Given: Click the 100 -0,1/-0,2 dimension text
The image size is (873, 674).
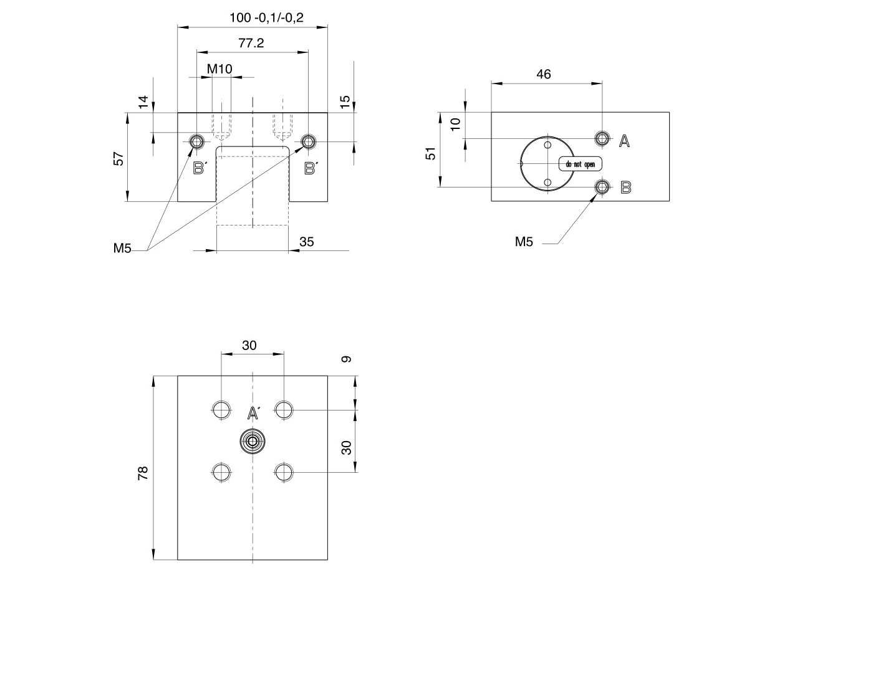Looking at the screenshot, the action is pos(266,17).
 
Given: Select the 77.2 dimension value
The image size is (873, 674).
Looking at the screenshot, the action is pos(251,43).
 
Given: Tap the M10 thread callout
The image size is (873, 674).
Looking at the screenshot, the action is pos(219,69).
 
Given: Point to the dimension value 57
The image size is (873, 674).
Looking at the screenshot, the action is pos(118,158).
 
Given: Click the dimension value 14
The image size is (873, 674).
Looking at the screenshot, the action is pos(143,102).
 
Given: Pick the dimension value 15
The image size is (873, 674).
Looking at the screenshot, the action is pos(345,102).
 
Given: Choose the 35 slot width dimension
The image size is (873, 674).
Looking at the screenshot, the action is pos(307,242).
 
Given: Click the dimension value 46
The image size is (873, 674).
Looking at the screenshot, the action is pos(544,74).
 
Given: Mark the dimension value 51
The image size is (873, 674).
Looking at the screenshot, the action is pos(430,154).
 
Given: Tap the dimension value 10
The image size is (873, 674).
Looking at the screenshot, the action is pos(455,125).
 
